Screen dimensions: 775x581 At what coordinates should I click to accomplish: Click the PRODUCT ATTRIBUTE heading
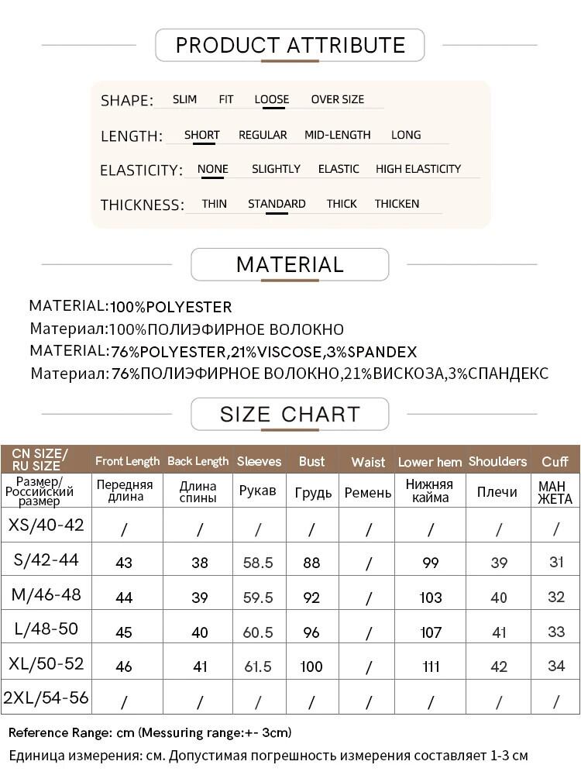coord(290,45)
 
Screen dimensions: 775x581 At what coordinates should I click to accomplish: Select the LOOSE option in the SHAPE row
coord(272,99)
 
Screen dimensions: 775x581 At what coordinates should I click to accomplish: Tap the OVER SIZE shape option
coord(337,99)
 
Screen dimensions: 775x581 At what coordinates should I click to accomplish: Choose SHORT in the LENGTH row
coord(201,135)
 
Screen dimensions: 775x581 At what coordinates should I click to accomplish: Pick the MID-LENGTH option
coord(337,135)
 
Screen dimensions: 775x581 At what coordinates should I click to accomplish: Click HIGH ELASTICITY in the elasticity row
coord(418,169)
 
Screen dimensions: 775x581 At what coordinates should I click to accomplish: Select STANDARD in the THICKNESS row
coord(277,204)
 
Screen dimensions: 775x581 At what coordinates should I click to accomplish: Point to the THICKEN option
coord(397,204)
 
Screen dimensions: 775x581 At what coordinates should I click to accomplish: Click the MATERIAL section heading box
coord(290,264)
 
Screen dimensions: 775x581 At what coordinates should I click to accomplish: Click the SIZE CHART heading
coord(290,414)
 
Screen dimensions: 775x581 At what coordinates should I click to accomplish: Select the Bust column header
coord(311,462)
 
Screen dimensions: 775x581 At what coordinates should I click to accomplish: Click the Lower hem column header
coord(430,462)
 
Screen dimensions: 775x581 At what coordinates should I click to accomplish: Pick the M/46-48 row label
coord(46,595)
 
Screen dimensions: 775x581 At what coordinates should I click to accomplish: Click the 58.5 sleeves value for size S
coord(258,562)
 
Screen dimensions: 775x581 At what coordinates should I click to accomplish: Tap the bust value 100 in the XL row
coord(311,666)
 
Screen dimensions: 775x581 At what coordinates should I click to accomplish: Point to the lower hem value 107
coord(431,632)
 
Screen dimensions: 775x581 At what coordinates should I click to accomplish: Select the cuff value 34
coord(556,666)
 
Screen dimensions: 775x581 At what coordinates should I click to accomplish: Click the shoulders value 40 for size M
coord(499,598)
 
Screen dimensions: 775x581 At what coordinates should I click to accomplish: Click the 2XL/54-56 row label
coord(46,698)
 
